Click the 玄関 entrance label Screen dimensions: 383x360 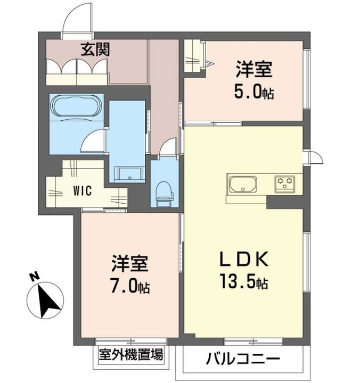95,51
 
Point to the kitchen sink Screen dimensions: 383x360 243,185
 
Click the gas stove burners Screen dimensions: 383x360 284,184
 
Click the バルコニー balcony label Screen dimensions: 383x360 242,360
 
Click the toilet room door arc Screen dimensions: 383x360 169,147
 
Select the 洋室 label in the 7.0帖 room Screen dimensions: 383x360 129,264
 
